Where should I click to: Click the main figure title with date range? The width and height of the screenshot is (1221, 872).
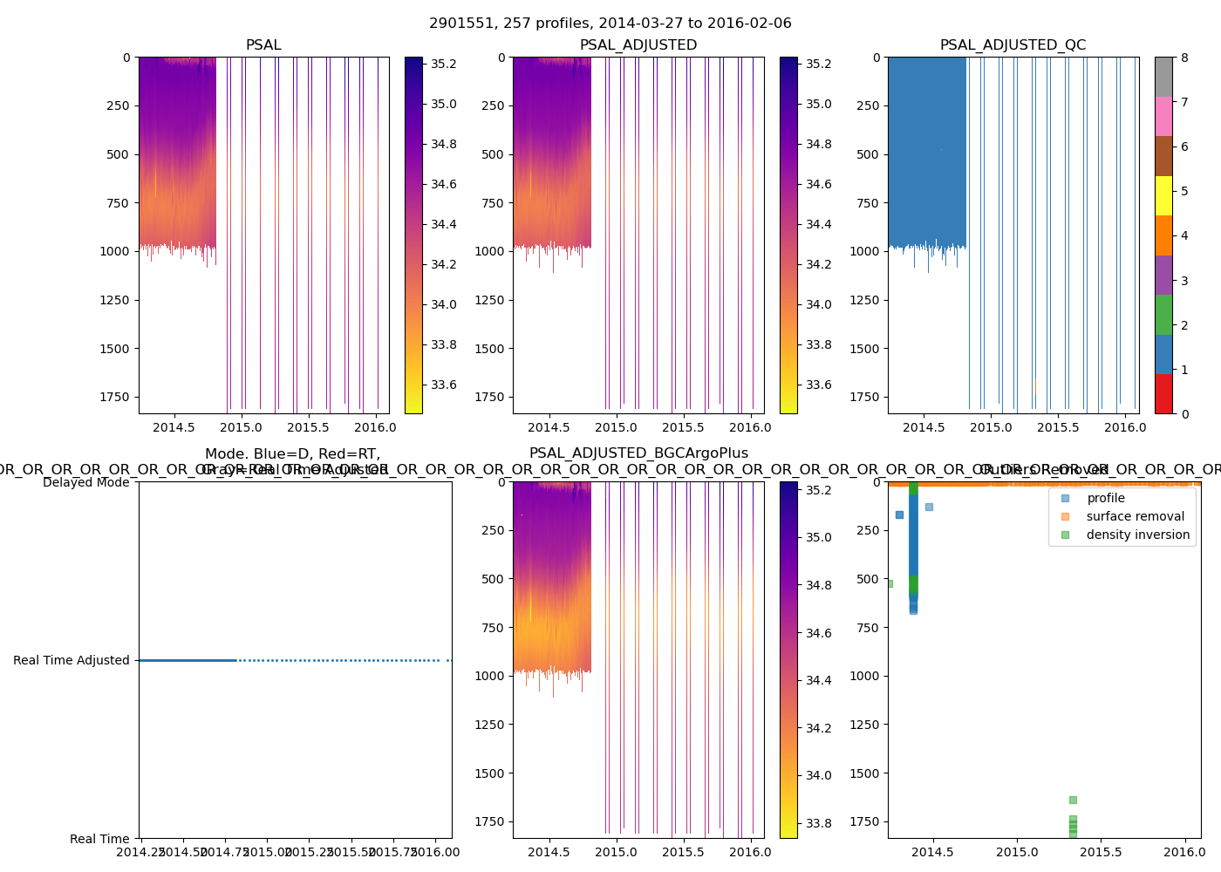610,24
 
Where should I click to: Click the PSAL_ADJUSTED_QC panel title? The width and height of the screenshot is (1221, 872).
1013,45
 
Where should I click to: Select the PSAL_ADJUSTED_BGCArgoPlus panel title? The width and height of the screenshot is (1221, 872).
638,453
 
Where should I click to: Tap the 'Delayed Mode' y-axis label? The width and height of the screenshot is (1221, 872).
85,482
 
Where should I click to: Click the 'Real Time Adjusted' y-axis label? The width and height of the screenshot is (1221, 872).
72,661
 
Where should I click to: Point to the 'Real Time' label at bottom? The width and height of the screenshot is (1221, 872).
99,839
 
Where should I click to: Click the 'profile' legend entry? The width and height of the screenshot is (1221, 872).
1105,498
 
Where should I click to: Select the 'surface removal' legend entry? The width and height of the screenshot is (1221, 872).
1135,516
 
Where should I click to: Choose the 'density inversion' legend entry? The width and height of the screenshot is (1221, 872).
1137,535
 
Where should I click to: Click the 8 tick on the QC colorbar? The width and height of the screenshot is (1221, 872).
1184,58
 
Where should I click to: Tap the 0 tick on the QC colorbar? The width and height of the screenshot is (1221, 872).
1184,413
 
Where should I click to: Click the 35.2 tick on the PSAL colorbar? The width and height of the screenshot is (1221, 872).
443,64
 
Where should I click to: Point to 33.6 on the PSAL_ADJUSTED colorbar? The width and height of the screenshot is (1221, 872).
818,385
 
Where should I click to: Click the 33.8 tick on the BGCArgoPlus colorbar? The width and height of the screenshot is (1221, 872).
818,823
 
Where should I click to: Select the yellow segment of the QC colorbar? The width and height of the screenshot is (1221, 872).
1163,195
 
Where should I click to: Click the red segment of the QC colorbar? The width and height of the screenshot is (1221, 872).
1163,393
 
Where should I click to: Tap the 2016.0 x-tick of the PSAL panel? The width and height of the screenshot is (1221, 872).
376,427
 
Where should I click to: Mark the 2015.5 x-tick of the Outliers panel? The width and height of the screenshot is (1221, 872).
1101,852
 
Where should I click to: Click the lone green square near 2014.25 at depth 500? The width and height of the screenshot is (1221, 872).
890,583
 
